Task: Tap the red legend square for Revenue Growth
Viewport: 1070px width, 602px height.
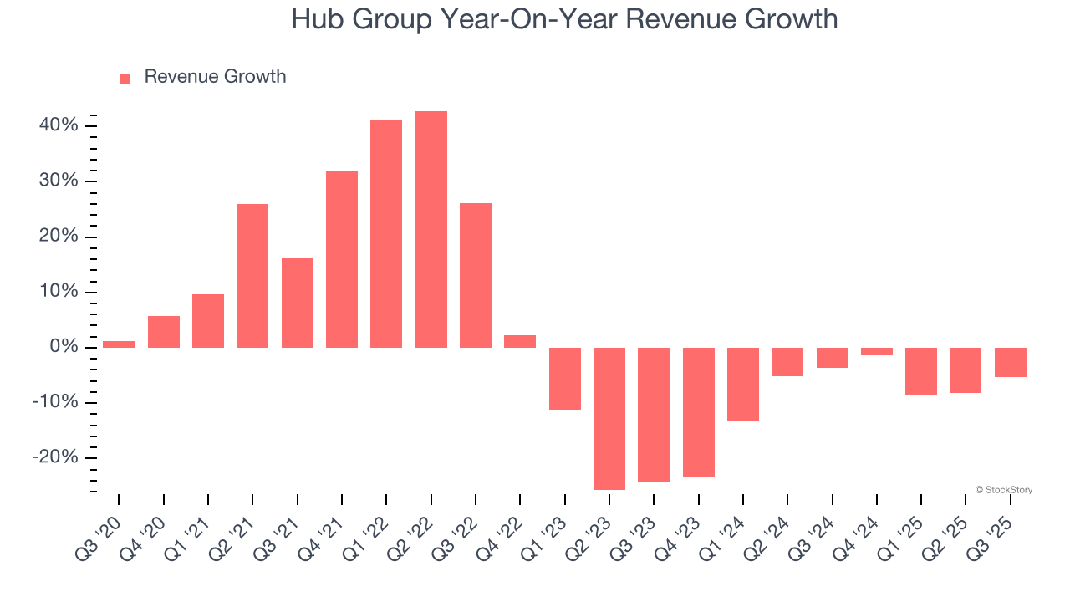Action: click(125, 78)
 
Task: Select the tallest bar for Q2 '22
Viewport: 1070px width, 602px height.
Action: click(431, 229)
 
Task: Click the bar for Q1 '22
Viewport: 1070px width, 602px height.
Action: click(386, 233)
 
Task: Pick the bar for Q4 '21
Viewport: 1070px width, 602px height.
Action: click(342, 259)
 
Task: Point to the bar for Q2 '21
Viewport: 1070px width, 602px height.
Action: click(252, 275)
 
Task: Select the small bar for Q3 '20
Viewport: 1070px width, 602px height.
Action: click(119, 344)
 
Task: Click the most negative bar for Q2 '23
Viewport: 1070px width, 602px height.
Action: click(609, 418)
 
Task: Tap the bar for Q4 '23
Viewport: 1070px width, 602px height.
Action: click(699, 412)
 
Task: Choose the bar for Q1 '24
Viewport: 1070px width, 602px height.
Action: click(743, 384)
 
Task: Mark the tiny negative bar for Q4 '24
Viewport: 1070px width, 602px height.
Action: click(877, 351)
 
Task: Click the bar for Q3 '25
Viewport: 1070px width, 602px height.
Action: click(1011, 362)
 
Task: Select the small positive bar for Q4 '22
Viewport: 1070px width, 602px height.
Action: click(520, 341)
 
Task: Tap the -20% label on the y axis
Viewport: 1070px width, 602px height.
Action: click(55, 457)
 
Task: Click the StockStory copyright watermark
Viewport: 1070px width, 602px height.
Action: click(1004, 490)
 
